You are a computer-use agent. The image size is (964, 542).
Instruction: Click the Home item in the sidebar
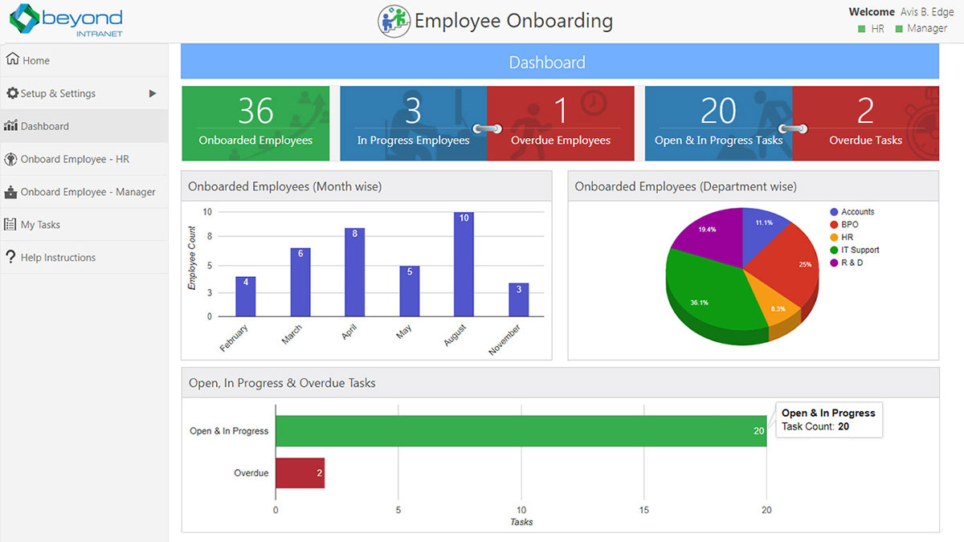pyautogui.click(x=35, y=60)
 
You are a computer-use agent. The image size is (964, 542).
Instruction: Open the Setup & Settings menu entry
pyautogui.click(x=58, y=93)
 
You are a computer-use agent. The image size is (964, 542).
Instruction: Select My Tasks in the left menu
pyautogui.click(x=40, y=225)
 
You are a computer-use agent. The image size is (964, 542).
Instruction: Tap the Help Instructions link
pyautogui.click(x=58, y=258)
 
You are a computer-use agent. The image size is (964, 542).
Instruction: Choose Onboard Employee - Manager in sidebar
pyautogui.click(x=88, y=192)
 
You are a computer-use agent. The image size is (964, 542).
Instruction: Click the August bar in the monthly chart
pyautogui.click(x=464, y=264)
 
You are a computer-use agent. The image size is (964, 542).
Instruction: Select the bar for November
pyautogui.click(x=518, y=300)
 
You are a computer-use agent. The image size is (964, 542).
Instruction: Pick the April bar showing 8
pyautogui.click(x=354, y=272)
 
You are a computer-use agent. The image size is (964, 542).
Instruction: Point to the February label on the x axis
pyautogui.click(x=235, y=338)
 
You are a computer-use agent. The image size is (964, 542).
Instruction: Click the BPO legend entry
pyautogui.click(x=849, y=225)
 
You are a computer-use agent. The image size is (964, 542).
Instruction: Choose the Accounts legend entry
pyautogui.click(x=857, y=212)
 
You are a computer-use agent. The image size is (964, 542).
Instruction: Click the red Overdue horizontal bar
pyautogui.click(x=300, y=473)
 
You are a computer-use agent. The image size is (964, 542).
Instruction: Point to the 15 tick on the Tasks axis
pyautogui.click(x=644, y=510)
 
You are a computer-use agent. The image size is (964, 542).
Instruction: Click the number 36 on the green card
pyautogui.click(x=255, y=111)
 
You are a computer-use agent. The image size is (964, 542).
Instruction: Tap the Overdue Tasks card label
pyautogui.click(x=865, y=141)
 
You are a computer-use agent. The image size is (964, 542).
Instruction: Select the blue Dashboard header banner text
pyautogui.click(x=547, y=63)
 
